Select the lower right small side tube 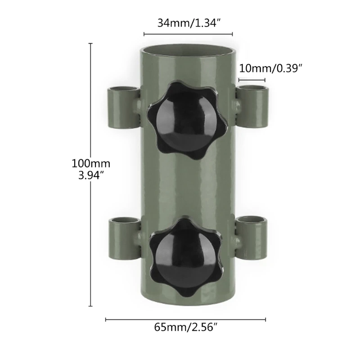[252, 234]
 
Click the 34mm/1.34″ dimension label [188, 23]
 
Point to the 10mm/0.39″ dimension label [270, 68]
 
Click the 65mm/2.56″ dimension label [186, 328]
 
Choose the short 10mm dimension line [252, 80]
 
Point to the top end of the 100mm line [91, 44]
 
